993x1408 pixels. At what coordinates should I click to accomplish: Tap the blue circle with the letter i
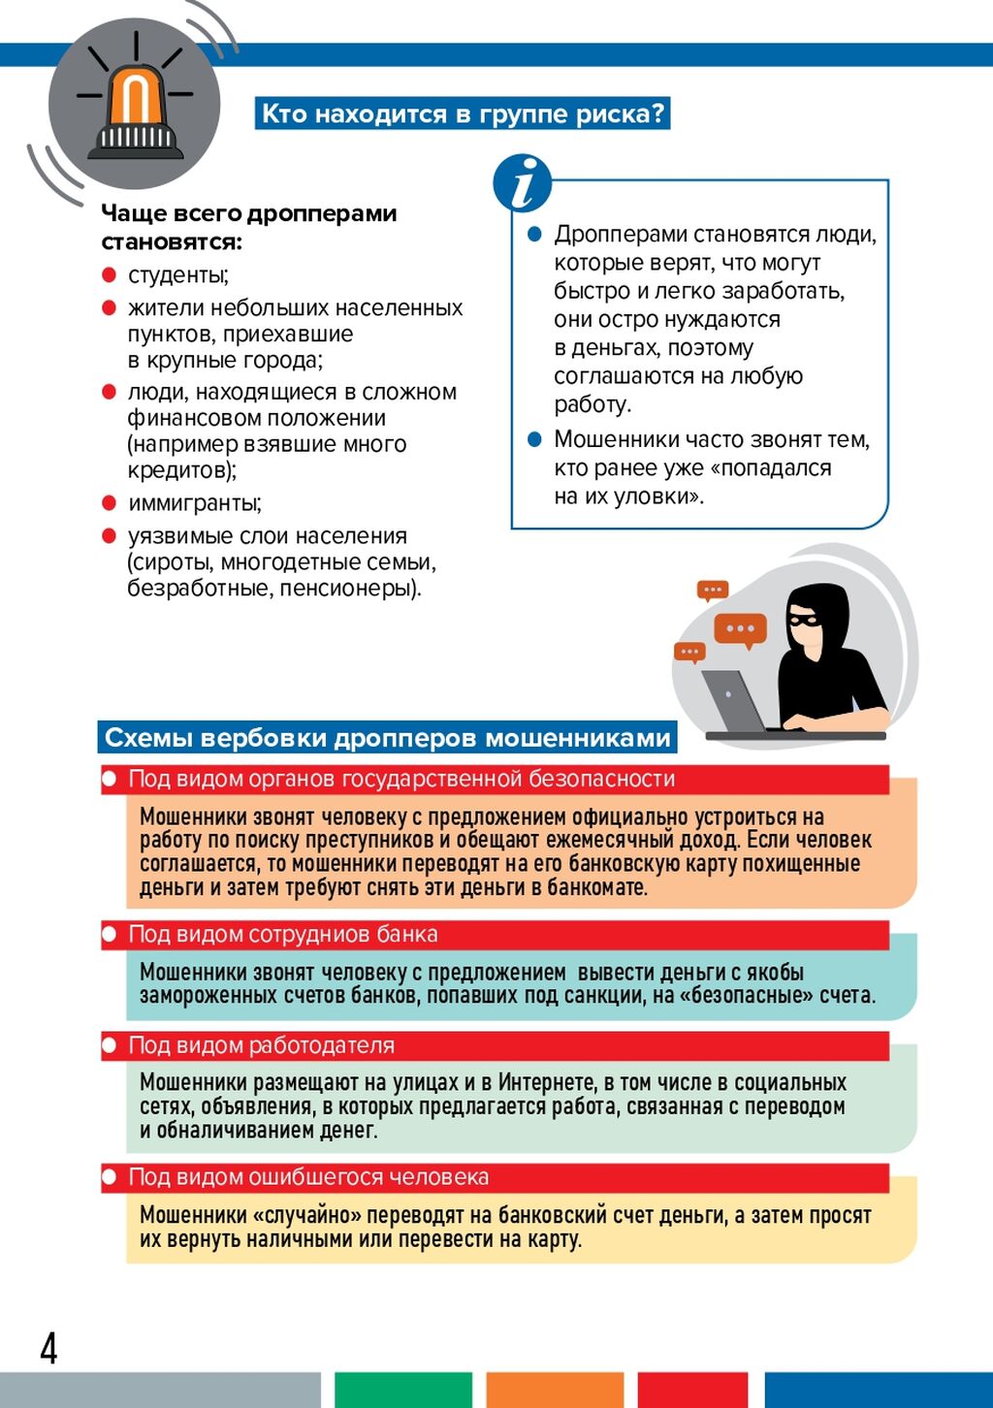pyautogui.click(x=522, y=182)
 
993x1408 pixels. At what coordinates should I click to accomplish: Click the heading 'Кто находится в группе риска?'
pyautogui.click(x=463, y=113)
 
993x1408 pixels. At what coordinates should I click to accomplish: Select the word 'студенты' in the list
pyautogui.click(x=177, y=275)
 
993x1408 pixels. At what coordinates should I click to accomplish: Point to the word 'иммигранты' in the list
pyautogui.click(x=194, y=503)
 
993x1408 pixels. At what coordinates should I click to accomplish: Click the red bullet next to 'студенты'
pyautogui.click(x=109, y=275)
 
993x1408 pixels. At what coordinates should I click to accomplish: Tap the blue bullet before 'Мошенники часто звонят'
pyautogui.click(x=534, y=439)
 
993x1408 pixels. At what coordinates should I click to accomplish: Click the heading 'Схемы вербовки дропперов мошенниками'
pyautogui.click(x=387, y=738)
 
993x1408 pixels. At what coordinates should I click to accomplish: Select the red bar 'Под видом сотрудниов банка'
pyautogui.click(x=495, y=935)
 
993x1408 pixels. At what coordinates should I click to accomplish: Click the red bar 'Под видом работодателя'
pyautogui.click(x=495, y=1045)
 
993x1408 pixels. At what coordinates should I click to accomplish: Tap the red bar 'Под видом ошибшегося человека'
pyautogui.click(x=495, y=1177)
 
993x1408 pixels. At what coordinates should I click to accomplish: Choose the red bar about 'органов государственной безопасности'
pyautogui.click(x=495, y=779)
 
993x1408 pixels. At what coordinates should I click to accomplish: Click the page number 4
pyautogui.click(x=48, y=1348)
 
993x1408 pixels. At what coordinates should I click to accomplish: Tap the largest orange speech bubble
pyautogui.click(x=740, y=630)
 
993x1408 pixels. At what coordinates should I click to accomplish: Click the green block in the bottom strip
pyautogui.click(x=402, y=1390)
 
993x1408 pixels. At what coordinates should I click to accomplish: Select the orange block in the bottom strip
pyautogui.click(x=554, y=1390)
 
